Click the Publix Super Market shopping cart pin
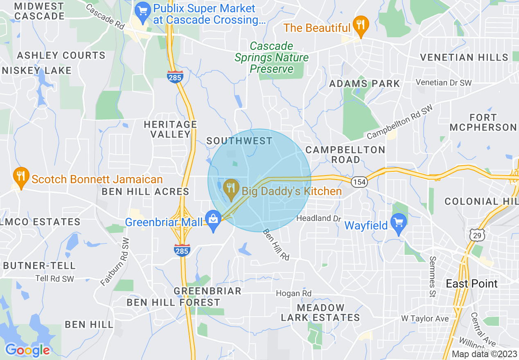[143, 11]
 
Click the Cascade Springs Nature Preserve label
[271, 57]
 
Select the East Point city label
[472, 283]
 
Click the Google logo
[28, 350]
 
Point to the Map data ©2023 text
[484, 354]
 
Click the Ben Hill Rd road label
[276, 245]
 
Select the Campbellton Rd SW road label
[399, 122]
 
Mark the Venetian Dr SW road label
[444, 83]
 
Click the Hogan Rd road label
[293, 293]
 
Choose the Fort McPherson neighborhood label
[483, 122]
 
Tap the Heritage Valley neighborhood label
[171, 129]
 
